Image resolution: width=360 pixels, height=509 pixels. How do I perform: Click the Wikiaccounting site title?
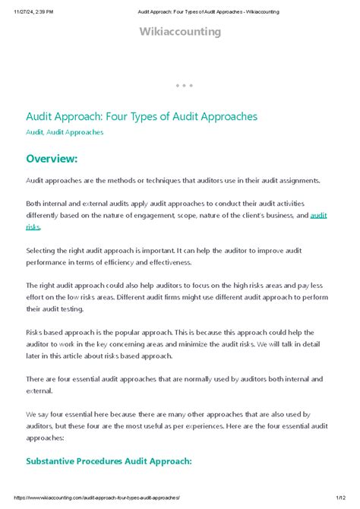click(x=180, y=31)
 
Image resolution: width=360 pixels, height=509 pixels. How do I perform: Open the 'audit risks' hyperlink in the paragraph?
click(x=317, y=216)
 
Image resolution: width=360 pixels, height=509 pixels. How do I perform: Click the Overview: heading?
click(x=52, y=158)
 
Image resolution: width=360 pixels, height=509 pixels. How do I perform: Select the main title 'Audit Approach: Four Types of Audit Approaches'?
click(x=142, y=116)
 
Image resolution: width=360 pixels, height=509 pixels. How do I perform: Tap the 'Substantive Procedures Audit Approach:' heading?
click(x=109, y=460)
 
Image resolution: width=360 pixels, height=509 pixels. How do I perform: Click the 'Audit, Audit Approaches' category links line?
click(x=65, y=132)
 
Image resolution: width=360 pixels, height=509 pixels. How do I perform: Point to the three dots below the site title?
click(x=184, y=85)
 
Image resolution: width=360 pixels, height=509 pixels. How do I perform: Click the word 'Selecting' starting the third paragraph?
click(x=43, y=250)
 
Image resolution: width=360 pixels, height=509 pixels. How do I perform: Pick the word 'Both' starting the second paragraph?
click(x=34, y=204)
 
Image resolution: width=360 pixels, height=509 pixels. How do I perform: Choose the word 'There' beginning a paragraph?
click(x=36, y=378)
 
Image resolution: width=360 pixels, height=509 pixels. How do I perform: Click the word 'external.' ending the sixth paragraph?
click(x=42, y=390)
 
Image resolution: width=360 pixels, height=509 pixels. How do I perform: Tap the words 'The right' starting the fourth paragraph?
click(x=43, y=286)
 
